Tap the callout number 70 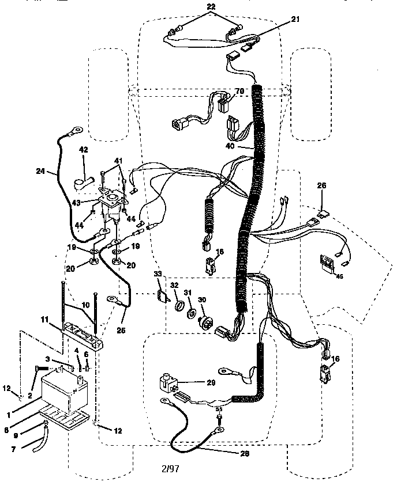click(x=239, y=91)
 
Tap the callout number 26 click(x=321, y=185)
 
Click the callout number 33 click(x=157, y=274)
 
